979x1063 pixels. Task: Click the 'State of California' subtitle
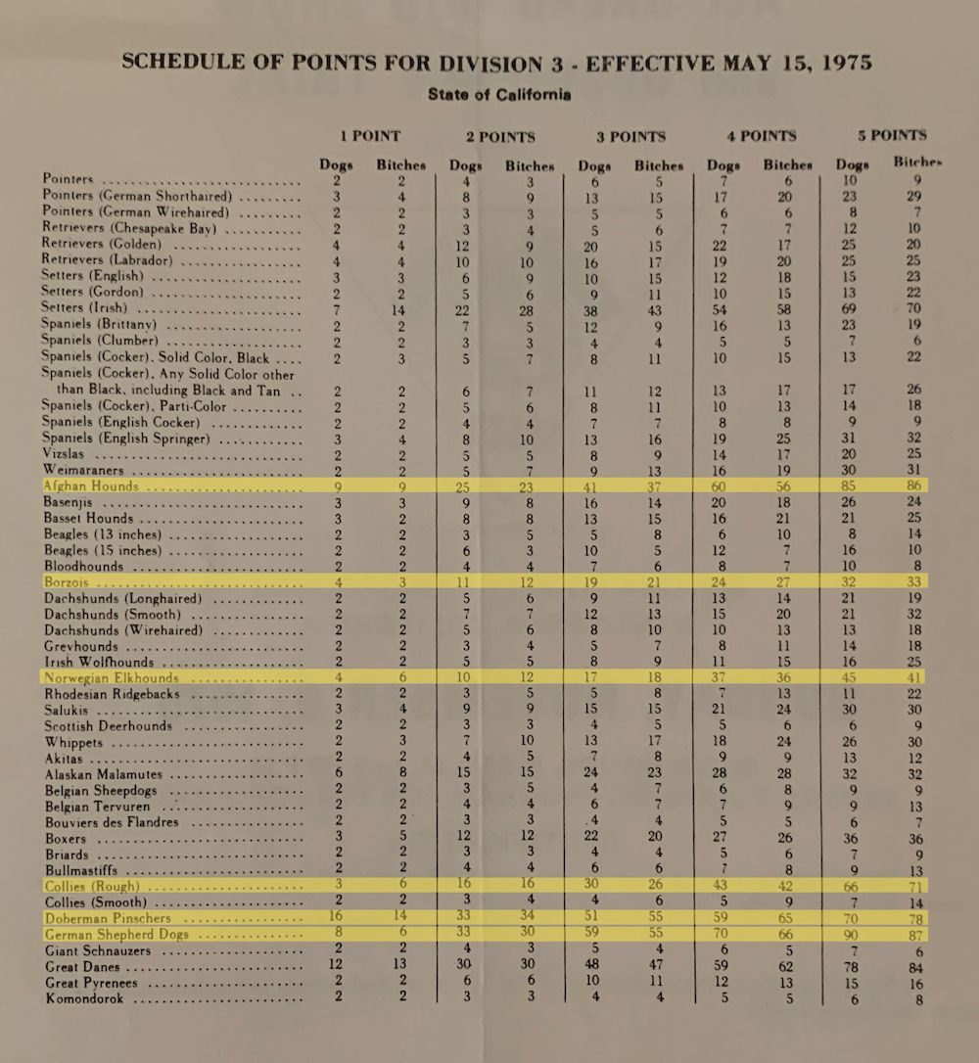(499, 96)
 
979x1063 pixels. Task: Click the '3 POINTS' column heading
(630, 136)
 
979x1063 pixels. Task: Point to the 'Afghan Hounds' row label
(91, 485)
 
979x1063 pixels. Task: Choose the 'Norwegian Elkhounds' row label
(112, 677)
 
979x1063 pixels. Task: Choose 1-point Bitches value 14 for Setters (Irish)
(400, 308)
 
